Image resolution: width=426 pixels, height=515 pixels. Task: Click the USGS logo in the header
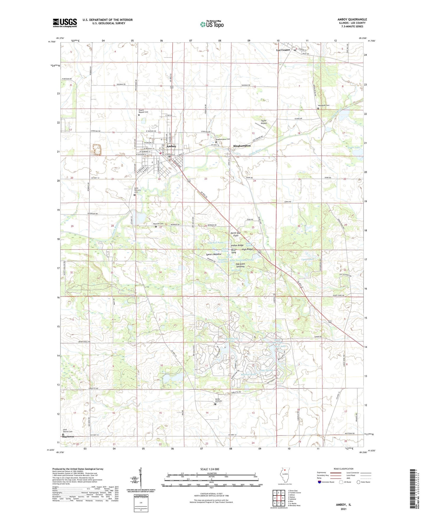click(65, 23)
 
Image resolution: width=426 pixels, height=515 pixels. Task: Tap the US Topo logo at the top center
click(211, 24)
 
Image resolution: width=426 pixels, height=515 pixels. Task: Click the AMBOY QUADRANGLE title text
click(352, 19)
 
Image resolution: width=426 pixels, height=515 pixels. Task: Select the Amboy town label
click(171, 146)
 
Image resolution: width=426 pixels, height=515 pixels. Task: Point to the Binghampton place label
click(242, 146)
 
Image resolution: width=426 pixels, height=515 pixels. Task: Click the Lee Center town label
click(283, 50)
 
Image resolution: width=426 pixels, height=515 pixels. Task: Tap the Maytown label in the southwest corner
click(68, 437)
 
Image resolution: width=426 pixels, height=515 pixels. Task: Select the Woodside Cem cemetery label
click(323, 105)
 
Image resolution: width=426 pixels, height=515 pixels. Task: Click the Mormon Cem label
click(158, 224)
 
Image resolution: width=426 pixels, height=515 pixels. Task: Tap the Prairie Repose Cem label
click(143, 111)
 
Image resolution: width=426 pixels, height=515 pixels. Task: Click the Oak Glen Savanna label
click(238, 265)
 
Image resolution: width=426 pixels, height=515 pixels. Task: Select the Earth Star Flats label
click(236, 234)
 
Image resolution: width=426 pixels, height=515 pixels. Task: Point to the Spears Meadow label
click(213, 254)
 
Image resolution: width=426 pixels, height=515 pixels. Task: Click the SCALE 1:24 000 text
click(209, 469)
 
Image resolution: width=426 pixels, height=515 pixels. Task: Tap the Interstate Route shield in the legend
click(320, 482)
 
